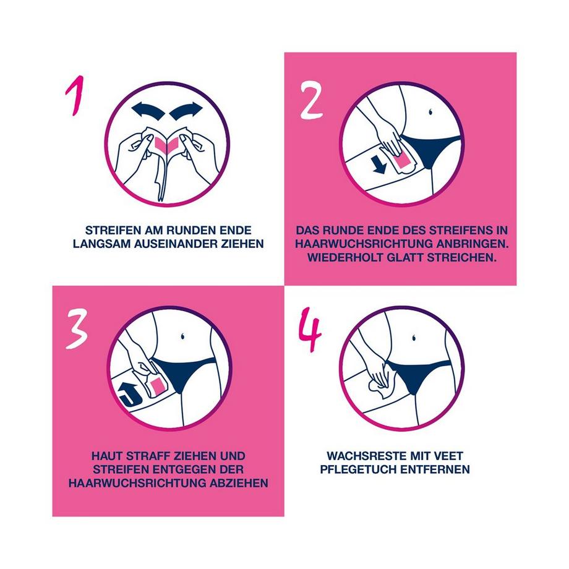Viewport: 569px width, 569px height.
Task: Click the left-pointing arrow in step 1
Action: pos(146,112)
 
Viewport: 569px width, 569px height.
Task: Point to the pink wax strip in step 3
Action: pos(156,387)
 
